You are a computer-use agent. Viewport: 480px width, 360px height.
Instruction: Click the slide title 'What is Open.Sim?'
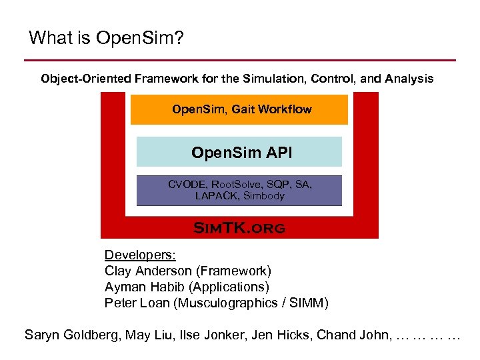[106, 38]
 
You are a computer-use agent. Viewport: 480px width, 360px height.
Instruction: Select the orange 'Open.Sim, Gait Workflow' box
[239, 109]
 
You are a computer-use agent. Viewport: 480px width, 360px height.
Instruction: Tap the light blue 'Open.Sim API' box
[239, 153]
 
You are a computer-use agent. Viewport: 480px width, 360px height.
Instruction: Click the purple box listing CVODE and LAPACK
[239, 190]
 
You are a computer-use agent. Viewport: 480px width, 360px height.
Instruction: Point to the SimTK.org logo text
[239, 228]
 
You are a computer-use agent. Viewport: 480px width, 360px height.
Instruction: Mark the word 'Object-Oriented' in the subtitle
[85, 79]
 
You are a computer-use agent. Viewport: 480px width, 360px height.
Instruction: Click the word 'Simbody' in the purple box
[264, 196]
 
